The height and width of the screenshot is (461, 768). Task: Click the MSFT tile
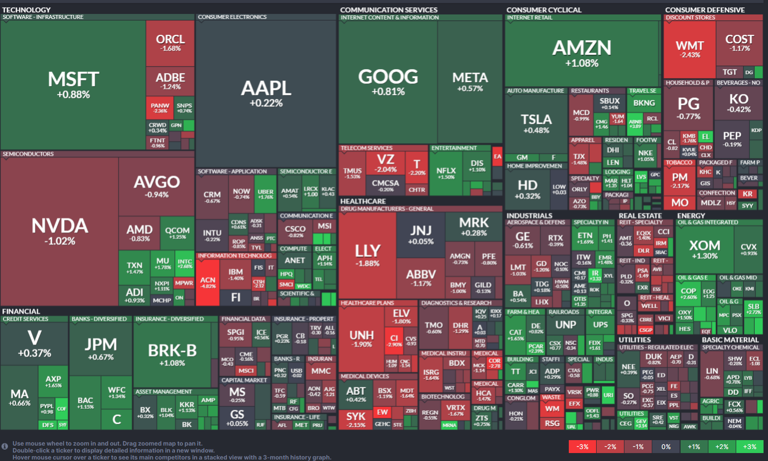73,85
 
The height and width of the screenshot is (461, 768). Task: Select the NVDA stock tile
60,231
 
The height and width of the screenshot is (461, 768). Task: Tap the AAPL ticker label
266,89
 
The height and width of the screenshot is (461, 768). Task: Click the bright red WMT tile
690,50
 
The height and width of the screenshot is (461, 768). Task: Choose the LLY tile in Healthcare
368,255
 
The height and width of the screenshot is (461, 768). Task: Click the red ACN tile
208,282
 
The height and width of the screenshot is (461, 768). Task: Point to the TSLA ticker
536,119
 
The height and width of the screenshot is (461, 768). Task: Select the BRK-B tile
172,354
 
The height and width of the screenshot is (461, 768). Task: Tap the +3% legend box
750,447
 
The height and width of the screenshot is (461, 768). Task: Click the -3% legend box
582,447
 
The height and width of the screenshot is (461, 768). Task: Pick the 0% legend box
666,447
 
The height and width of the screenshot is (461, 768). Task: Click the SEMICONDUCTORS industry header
28,154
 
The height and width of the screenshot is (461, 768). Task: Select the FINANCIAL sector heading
21,311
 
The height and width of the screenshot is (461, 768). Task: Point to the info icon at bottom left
4,447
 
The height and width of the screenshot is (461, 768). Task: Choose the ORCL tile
170,42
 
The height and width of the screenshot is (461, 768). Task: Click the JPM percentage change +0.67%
101,357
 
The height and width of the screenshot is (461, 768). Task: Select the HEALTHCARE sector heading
363,201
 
